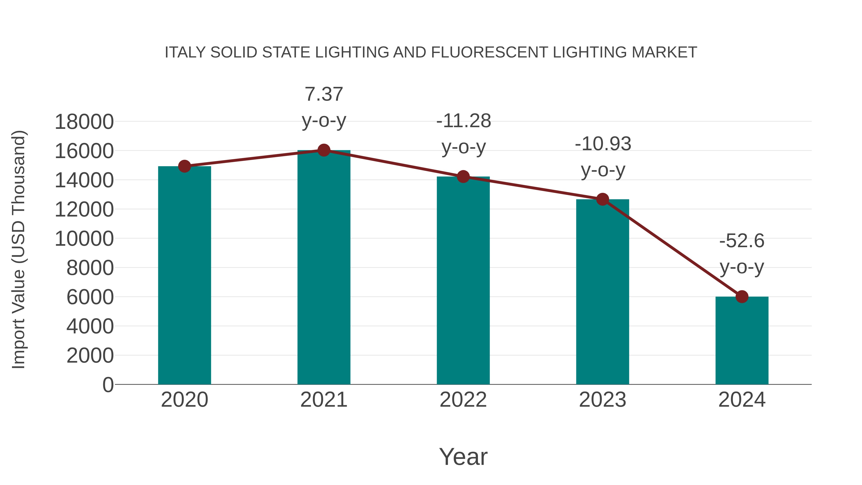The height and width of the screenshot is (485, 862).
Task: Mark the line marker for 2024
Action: click(x=742, y=297)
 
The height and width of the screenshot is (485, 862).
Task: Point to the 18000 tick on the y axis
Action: click(x=84, y=122)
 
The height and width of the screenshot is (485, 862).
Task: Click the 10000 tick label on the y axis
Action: click(x=84, y=239)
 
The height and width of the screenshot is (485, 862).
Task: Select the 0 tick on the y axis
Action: click(x=108, y=385)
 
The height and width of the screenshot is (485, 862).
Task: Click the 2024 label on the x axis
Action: click(x=742, y=400)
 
